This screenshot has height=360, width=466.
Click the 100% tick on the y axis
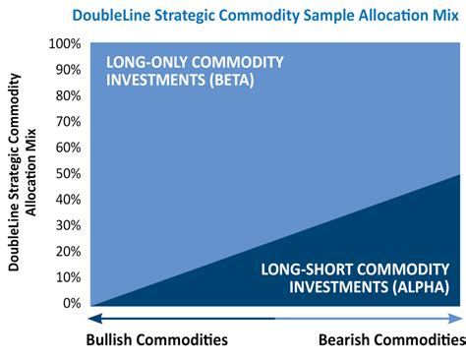click(64, 44)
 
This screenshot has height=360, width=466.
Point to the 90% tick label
click(67, 71)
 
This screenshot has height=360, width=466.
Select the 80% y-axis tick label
click(67, 96)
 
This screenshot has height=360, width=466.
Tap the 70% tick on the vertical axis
click(67, 123)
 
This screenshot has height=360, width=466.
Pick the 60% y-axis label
click(67, 149)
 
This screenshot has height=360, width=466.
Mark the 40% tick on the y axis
click(67, 201)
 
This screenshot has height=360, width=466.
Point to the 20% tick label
click(67, 253)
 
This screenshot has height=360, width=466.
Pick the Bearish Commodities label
click(391, 340)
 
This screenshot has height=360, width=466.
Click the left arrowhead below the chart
click(95, 318)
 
